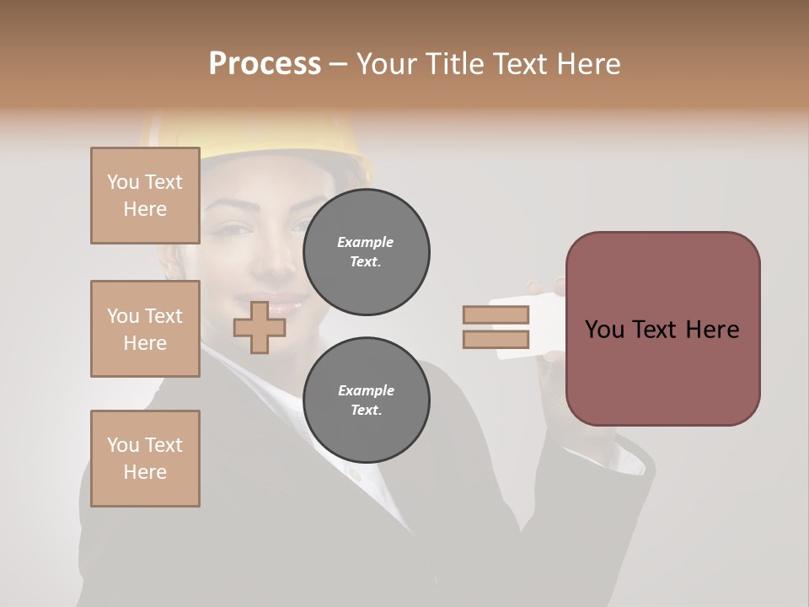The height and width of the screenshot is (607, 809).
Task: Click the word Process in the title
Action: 265,64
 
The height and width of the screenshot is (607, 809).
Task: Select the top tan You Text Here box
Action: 145,196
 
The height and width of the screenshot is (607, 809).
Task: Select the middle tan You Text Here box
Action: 145,329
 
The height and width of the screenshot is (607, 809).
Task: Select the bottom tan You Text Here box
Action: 145,458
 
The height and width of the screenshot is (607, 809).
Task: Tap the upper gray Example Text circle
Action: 367,252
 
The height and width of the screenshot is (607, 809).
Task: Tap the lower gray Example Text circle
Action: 367,400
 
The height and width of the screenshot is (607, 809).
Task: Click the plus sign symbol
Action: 260,327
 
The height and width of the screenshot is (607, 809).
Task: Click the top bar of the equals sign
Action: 496,314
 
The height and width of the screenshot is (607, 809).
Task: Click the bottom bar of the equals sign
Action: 496,339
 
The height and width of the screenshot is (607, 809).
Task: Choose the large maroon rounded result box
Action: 662,328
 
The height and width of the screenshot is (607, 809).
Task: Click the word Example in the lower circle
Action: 366,390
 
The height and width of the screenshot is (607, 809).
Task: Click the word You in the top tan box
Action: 122,182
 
